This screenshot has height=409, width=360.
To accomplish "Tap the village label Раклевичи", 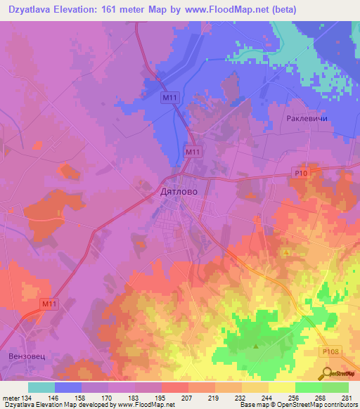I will pyautogui.click(x=307, y=119).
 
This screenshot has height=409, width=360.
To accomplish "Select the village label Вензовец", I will pyautogui.click(x=26, y=357).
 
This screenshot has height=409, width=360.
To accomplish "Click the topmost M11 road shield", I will pyautogui.click(x=167, y=97).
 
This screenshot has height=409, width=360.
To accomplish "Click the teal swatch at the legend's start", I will pyautogui.click(x=41, y=387).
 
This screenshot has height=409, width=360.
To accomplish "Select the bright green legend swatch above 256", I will pyautogui.click(x=309, y=387).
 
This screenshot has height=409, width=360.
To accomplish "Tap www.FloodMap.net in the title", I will pyautogui.click(x=224, y=10).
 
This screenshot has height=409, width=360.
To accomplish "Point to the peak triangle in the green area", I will pyautogui.click(x=256, y=346).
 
